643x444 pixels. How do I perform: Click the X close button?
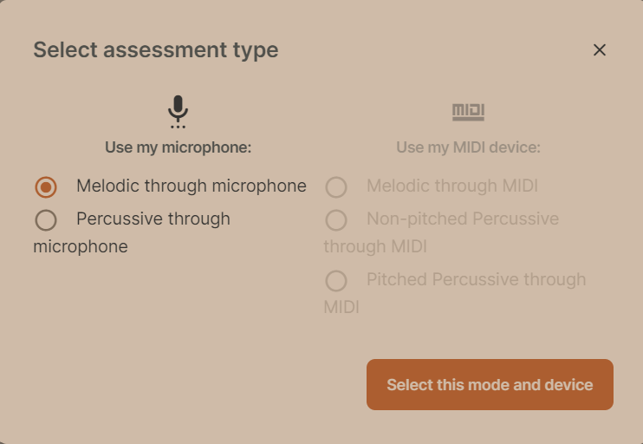coord(599,50)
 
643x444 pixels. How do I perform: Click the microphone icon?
coord(178,112)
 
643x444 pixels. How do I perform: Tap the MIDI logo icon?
coord(468,112)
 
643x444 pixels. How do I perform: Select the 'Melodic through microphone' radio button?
coord(46,187)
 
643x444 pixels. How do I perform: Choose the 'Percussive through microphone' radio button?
coord(46,220)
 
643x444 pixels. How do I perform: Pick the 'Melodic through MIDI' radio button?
coord(336,187)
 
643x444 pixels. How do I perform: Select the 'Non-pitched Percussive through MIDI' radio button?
coord(336,220)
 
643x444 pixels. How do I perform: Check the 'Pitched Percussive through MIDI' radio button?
coord(336,281)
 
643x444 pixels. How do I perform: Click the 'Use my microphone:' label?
coord(178,147)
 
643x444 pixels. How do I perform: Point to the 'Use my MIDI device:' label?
coord(468,147)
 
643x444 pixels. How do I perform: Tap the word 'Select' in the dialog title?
coord(65,49)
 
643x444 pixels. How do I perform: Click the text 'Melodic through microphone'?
coord(191,186)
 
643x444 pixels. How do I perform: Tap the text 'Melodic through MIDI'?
coord(452,186)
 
